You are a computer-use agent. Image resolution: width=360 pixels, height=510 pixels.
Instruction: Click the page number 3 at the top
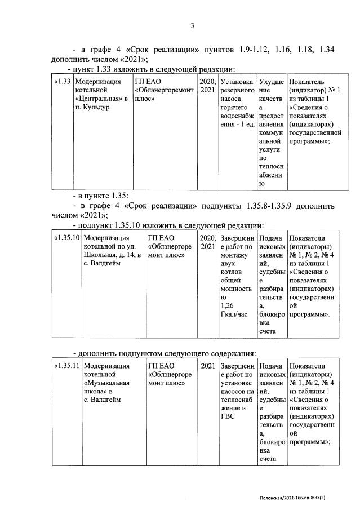192,25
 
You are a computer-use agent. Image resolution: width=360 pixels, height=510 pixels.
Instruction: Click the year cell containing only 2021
208,366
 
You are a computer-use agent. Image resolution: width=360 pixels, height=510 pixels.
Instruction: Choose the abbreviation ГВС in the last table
228,416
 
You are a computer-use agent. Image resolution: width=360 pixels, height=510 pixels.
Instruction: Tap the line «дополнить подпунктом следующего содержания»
165,353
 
